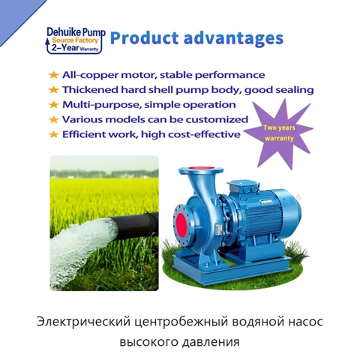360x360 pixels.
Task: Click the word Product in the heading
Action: coord(144,37)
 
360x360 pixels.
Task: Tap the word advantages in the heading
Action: coord(233,39)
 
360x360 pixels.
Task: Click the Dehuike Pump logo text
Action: coord(76,32)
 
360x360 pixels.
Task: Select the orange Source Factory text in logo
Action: coord(75,40)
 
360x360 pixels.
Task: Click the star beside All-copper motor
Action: coord(53,75)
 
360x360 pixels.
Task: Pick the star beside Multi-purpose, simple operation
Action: coord(53,104)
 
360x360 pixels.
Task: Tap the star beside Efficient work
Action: coord(53,134)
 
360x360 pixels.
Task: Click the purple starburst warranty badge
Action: coord(279,133)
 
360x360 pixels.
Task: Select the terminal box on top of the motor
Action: coord(242,186)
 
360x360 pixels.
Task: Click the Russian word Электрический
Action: coord(84,322)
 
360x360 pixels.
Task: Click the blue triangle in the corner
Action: coord(16,16)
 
